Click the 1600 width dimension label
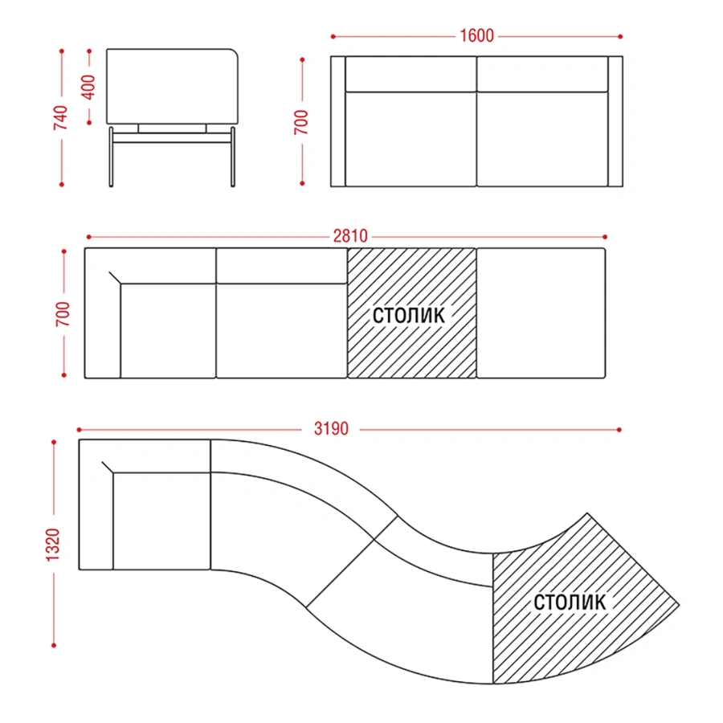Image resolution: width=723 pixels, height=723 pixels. pos(476,36)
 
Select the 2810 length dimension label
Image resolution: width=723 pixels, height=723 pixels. pos(350,236)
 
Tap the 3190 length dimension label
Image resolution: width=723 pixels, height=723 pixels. pos(331,429)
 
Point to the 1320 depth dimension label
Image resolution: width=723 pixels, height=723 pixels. pos(53,545)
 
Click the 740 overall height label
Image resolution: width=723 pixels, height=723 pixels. pos(60,117)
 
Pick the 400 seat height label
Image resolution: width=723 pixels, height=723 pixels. pos(88,87)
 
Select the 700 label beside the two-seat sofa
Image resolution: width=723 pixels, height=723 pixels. pos(301,122)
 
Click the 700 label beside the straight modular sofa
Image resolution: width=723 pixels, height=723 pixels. pos(63,314)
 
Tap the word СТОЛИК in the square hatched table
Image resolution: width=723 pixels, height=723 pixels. pos(409,316)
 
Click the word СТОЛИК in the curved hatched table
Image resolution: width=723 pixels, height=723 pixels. pos(570,602)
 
